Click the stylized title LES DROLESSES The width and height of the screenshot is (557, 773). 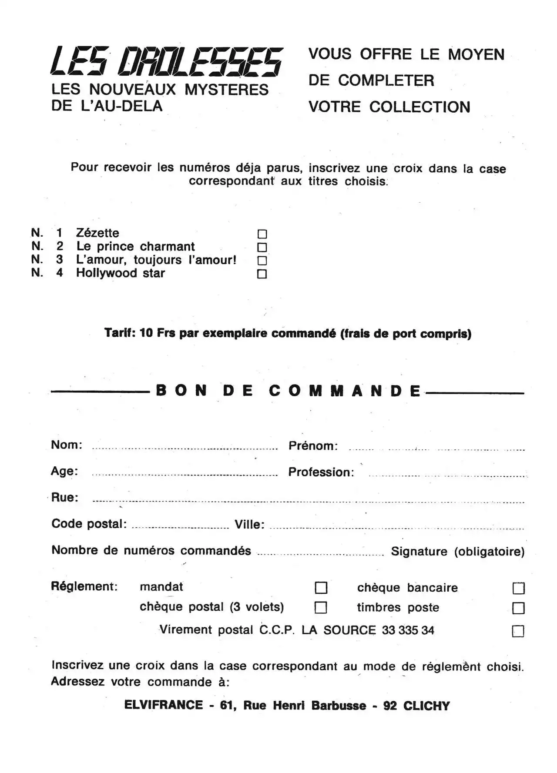tap(167, 61)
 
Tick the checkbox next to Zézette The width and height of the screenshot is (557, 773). tap(262, 234)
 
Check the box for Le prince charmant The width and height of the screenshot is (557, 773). tap(262, 247)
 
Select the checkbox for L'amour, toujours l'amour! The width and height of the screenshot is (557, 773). tap(262, 261)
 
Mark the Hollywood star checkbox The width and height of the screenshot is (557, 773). tap(262, 274)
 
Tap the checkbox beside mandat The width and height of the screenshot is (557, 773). tap(321, 588)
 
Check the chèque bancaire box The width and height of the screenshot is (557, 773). tap(518, 588)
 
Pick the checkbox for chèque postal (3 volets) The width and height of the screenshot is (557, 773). tap(321, 607)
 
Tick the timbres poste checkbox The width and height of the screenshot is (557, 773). tap(518, 608)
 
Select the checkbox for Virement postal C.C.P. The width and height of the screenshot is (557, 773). tap(518, 631)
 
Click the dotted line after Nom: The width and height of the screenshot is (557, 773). tap(185, 448)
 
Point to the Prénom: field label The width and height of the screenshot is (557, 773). tap(313, 446)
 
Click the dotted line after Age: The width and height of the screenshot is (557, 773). tap(185, 475)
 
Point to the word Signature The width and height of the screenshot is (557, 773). tap(419, 552)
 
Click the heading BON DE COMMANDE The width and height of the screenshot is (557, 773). tap(288, 391)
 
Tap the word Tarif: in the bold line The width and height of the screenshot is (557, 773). tap(120, 333)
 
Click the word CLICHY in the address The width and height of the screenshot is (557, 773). tap(426, 706)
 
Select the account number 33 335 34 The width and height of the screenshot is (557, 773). tap(408, 630)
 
